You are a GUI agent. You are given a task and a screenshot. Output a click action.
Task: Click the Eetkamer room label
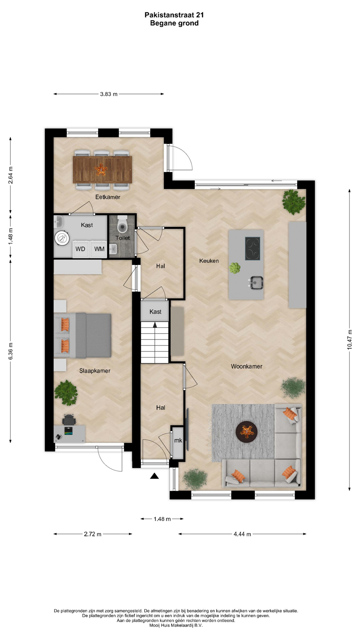pyautogui.click(x=108, y=197)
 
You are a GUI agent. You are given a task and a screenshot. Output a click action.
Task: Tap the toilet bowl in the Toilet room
pyautogui.click(x=123, y=224)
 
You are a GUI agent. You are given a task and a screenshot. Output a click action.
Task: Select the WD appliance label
pyautogui.click(x=80, y=249)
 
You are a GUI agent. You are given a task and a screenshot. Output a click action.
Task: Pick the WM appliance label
pyautogui.click(x=99, y=249)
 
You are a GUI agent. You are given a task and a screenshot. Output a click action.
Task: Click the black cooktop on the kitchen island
pyautogui.click(x=253, y=248)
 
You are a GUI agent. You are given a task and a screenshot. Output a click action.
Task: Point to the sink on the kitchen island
pyautogui.click(x=256, y=283)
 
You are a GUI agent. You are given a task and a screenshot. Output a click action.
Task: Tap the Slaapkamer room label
pyautogui.click(x=95, y=371)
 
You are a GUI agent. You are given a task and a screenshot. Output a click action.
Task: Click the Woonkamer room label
pyautogui.click(x=247, y=366)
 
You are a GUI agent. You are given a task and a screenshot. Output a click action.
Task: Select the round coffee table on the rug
pyautogui.click(x=246, y=432)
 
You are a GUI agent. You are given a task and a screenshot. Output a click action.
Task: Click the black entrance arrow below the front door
pyautogui.click(x=154, y=476)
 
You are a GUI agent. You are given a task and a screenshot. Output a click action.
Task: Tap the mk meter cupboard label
pyautogui.click(x=178, y=440)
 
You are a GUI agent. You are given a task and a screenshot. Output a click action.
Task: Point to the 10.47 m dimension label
pyautogui.click(x=350, y=339)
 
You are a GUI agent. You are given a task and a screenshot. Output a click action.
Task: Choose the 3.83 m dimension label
pyautogui.click(x=109, y=94)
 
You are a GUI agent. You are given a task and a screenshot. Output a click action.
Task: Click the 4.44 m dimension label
pyautogui.click(x=242, y=534)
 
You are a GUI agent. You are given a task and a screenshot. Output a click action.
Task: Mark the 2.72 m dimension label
pyautogui.click(x=93, y=534)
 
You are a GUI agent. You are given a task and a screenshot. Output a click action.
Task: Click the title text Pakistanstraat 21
pyautogui.click(x=174, y=15)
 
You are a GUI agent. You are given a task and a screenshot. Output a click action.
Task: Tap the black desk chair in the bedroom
pyautogui.click(x=69, y=419)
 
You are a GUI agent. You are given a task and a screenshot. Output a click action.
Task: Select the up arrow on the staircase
pyautogui.click(x=155, y=325)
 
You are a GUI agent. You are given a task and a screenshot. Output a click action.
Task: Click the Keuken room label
pyautogui.click(x=209, y=261)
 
